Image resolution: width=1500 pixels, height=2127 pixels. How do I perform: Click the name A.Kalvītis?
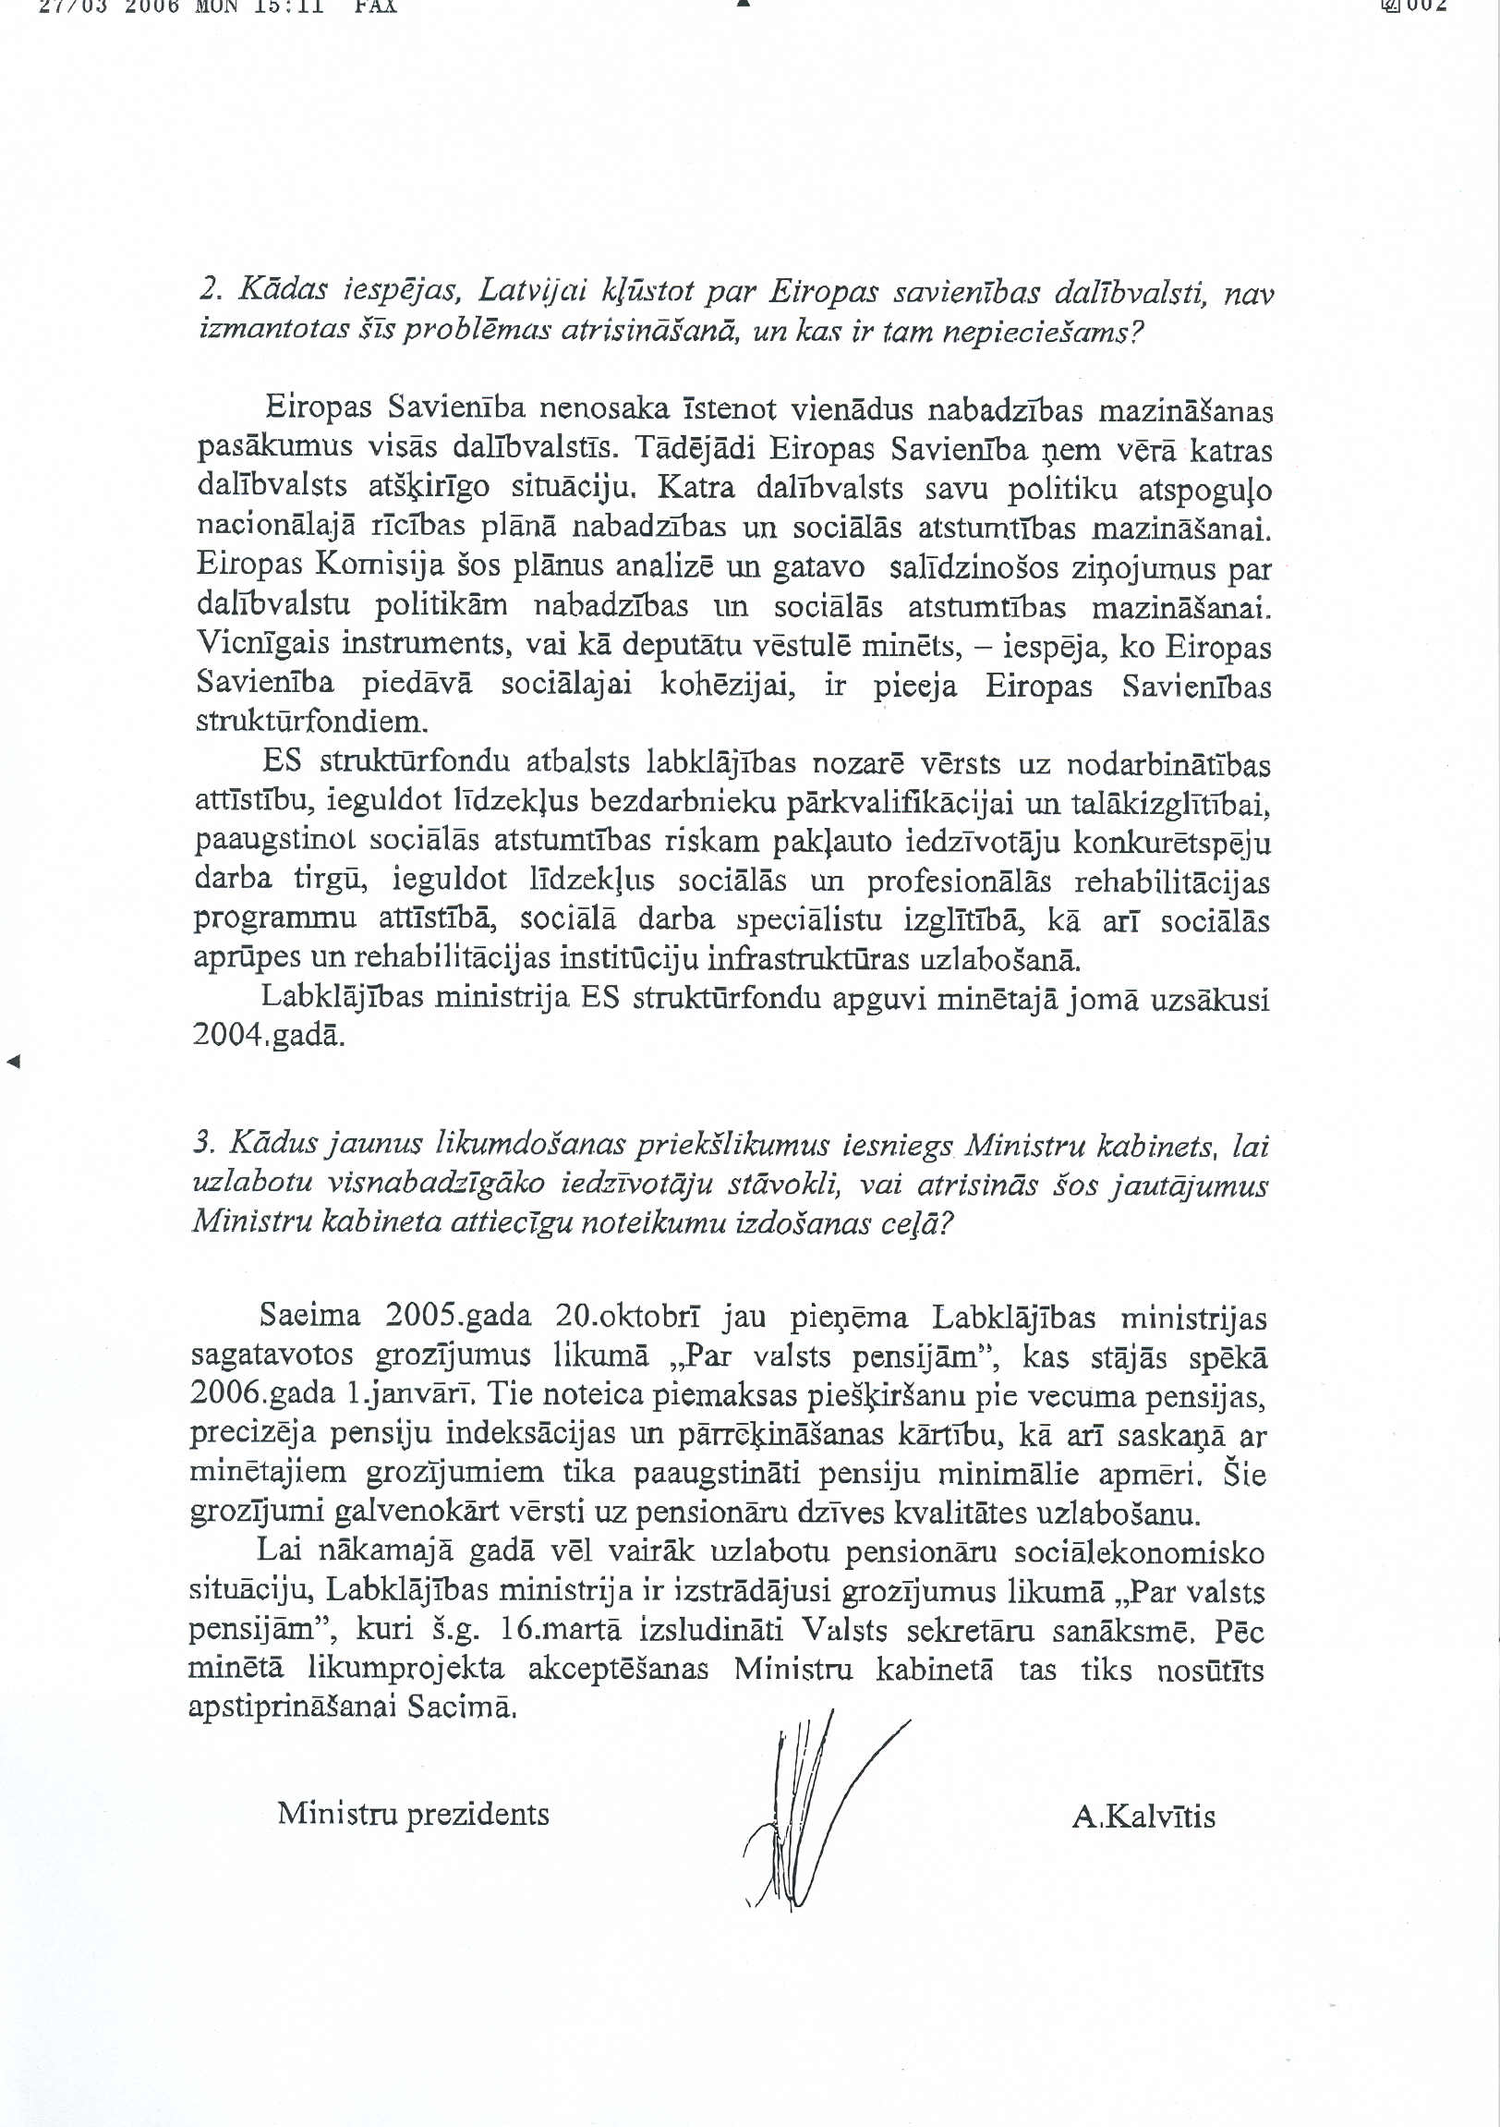(1143, 1817)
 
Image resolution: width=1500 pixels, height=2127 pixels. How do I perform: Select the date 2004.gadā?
(269, 1034)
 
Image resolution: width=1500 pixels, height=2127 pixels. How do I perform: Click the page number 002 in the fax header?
(1427, 6)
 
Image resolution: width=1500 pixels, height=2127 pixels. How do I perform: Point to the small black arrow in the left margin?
(13, 1062)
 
